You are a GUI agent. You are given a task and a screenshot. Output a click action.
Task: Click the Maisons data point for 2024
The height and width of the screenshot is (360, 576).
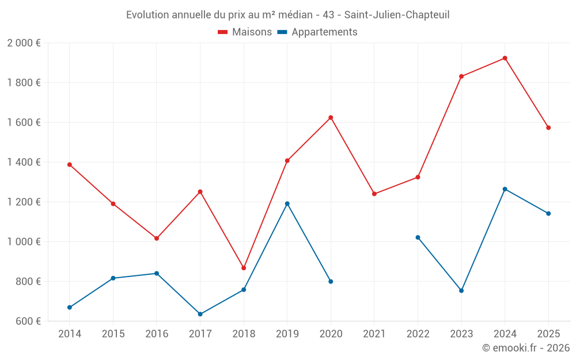click(x=505, y=58)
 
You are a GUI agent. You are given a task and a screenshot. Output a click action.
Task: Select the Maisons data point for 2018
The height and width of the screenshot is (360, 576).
click(x=244, y=268)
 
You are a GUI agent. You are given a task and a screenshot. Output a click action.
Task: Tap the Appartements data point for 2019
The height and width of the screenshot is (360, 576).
click(x=287, y=203)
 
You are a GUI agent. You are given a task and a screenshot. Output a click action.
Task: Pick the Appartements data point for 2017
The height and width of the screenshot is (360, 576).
click(x=200, y=314)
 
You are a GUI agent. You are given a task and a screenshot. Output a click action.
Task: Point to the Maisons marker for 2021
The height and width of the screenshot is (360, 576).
click(x=374, y=194)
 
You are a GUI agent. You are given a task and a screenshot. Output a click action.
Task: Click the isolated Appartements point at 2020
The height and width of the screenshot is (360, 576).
click(x=331, y=282)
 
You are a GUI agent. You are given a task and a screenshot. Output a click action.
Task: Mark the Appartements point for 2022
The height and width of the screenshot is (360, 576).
click(x=418, y=237)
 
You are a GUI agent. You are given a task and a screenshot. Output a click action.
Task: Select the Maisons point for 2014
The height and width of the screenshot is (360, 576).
click(x=70, y=165)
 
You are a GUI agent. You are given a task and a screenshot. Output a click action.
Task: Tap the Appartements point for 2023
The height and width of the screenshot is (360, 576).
click(x=461, y=290)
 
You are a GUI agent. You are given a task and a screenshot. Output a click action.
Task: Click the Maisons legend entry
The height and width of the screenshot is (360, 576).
click(x=245, y=32)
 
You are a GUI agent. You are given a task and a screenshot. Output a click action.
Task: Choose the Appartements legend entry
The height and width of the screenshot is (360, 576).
click(x=317, y=32)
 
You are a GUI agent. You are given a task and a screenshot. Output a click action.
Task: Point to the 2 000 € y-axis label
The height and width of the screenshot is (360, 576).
click(x=24, y=43)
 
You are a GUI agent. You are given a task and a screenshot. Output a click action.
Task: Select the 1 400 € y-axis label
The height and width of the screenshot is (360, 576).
click(x=24, y=162)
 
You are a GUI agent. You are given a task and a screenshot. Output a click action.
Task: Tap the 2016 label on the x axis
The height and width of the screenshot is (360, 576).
click(x=157, y=334)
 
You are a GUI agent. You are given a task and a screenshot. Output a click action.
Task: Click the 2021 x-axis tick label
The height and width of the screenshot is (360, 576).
click(x=374, y=334)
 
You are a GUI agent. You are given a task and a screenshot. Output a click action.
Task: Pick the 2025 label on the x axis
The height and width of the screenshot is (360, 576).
click(x=548, y=334)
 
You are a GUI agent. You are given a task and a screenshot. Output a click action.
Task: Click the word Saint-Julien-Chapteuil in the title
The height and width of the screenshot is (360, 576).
click(x=397, y=14)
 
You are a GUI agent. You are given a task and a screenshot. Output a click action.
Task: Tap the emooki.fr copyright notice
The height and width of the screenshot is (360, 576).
click(x=525, y=348)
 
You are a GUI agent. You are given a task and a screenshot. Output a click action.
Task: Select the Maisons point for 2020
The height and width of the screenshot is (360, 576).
click(x=331, y=118)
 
